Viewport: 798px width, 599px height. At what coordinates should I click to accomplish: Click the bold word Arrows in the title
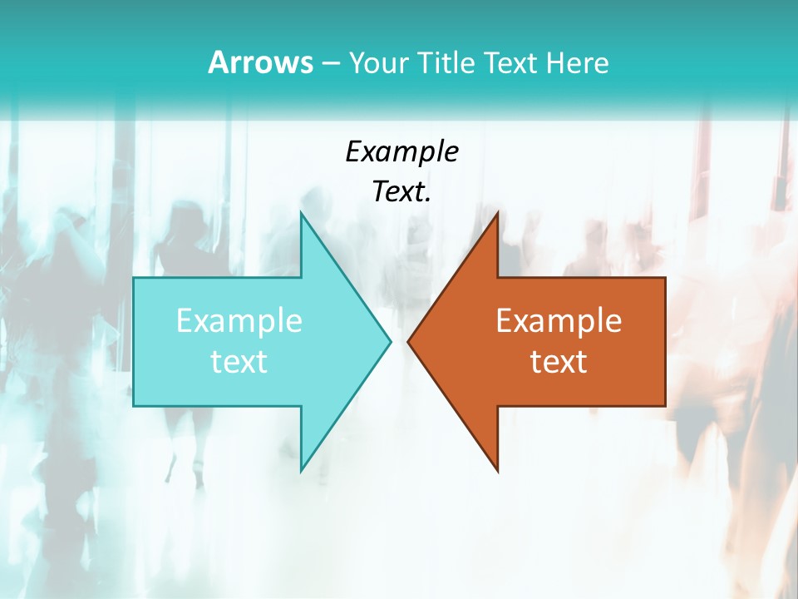(259, 62)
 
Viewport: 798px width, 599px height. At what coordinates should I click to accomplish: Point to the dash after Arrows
(329, 64)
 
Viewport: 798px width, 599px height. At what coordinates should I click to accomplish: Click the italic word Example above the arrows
(401, 151)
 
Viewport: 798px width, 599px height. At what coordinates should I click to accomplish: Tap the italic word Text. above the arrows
(401, 192)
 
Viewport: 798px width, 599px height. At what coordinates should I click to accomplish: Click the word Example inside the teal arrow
(239, 320)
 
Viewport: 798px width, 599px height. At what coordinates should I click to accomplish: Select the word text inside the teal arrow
(239, 361)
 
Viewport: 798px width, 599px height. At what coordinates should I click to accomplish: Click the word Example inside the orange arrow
(559, 320)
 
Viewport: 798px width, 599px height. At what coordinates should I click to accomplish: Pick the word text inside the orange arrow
(559, 361)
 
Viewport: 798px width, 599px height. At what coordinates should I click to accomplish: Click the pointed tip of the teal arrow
(391, 341)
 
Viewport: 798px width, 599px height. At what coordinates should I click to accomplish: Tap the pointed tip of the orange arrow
(407, 341)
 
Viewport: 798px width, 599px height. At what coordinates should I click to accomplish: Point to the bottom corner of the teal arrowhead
(301, 471)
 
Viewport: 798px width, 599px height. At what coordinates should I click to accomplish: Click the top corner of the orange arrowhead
(497, 212)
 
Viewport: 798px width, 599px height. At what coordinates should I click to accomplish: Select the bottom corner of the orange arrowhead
(497, 471)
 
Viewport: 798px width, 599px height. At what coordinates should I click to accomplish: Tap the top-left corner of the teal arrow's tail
(134, 278)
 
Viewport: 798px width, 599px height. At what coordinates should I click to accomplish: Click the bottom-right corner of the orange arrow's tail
(665, 405)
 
